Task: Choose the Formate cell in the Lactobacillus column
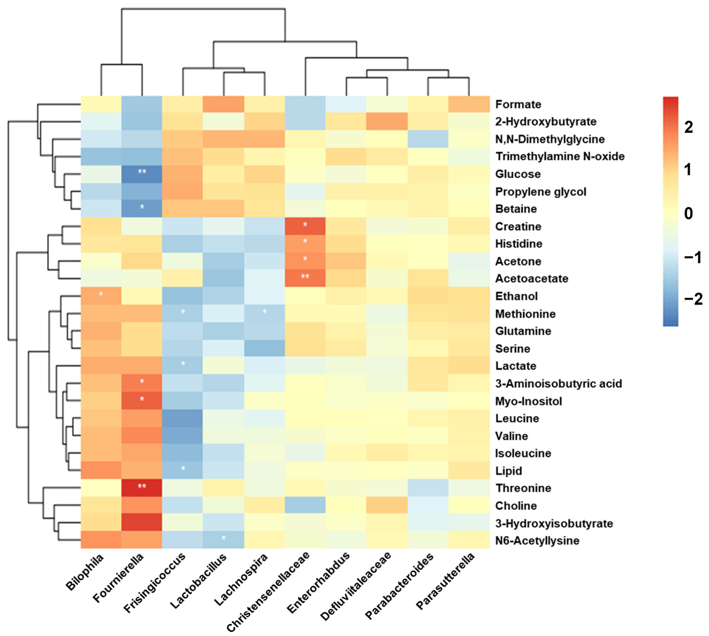click(x=223, y=104)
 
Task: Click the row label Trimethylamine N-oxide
click(x=560, y=156)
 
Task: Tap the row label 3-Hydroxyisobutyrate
click(x=554, y=523)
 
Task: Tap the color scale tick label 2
click(x=688, y=127)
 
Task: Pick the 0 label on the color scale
click(x=688, y=213)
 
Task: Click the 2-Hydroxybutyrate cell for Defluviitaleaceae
click(x=387, y=121)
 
